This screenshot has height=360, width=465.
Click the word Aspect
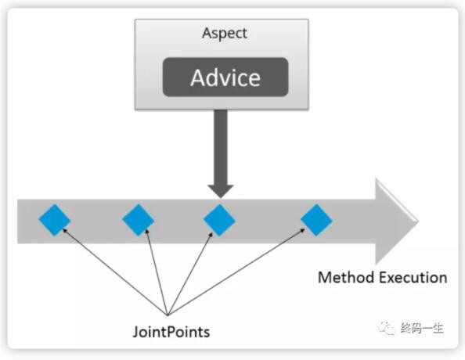(x=225, y=34)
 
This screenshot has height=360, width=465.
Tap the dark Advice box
(x=225, y=77)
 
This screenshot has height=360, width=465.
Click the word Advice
(x=225, y=77)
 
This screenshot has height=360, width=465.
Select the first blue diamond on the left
(x=55, y=220)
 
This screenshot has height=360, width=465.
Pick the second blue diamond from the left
(x=139, y=220)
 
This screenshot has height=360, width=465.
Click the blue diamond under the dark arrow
(x=219, y=220)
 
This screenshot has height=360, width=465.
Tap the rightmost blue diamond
(x=316, y=220)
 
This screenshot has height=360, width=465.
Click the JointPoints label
(x=171, y=332)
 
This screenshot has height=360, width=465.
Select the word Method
(x=346, y=278)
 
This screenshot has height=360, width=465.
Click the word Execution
(x=413, y=278)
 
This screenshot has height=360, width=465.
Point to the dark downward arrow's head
(x=221, y=191)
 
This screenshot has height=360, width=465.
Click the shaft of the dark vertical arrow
(x=221, y=147)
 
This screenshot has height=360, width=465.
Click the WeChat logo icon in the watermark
(x=387, y=328)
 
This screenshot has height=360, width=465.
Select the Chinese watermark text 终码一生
(x=421, y=328)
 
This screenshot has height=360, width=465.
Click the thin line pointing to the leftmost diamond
(x=115, y=272)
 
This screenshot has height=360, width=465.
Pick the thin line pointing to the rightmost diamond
(x=236, y=272)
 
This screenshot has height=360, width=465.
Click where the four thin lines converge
(x=168, y=315)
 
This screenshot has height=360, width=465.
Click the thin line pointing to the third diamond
(x=190, y=273)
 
